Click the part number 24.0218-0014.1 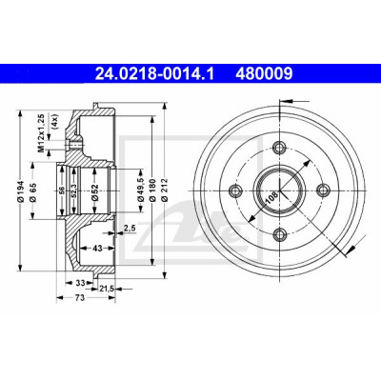point(154,74)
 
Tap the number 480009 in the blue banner point(264,74)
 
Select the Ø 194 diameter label point(21,191)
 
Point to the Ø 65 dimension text point(32,191)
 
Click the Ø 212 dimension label point(165,190)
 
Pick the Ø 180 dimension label point(152,190)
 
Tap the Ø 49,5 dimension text point(141,190)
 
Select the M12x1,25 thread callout point(41,132)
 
